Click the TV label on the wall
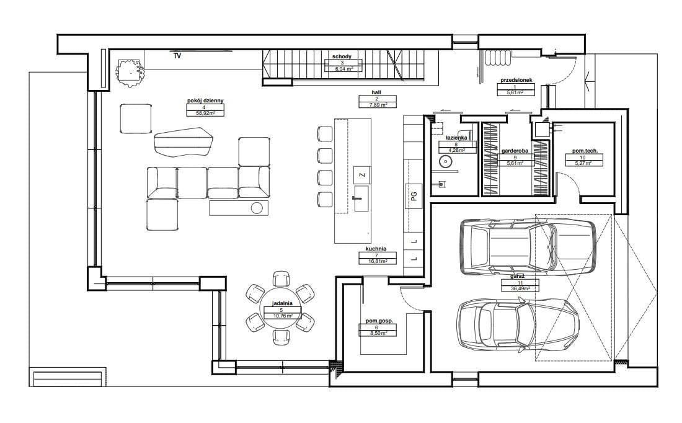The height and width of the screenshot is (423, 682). (177, 56)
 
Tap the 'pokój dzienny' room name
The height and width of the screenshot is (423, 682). (205, 100)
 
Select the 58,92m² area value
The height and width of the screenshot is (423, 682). (205, 113)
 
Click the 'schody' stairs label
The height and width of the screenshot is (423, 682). (342, 56)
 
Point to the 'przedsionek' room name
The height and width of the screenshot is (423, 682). (516, 81)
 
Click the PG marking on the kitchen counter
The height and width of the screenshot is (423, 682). (414, 196)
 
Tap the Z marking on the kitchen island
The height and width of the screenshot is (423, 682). (362, 175)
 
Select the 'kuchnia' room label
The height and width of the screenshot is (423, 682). (376, 249)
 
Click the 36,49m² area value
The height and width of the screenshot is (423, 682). (520, 288)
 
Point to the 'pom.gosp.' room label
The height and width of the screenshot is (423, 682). (379, 321)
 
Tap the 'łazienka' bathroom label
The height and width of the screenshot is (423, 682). (456, 138)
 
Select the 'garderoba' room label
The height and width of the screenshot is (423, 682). (515, 151)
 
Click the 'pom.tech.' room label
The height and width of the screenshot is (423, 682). (585, 151)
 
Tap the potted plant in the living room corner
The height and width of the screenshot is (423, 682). (130, 73)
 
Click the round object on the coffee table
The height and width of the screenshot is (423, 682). (257, 208)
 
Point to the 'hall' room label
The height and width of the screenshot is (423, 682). (376, 92)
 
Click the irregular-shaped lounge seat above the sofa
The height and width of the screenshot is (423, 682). (183, 141)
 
